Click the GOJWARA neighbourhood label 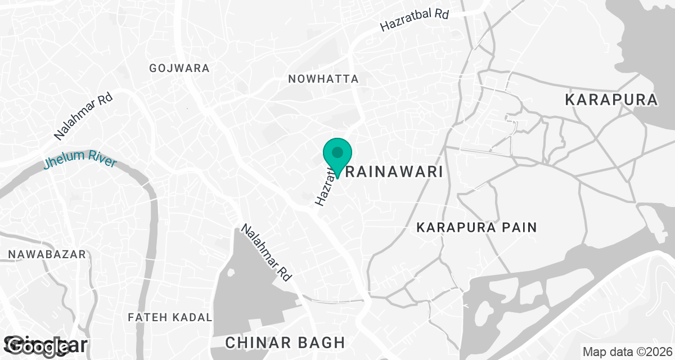point(179,68)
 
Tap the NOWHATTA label point(323,79)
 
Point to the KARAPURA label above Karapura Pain point(611,100)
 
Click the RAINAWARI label point(394,172)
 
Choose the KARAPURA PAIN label point(476,228)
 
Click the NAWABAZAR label point(47,255)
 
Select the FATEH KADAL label point(170,318)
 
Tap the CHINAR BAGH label point(285,343)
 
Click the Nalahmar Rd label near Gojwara point(84,116)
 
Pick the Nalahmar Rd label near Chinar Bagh point(266,253)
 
